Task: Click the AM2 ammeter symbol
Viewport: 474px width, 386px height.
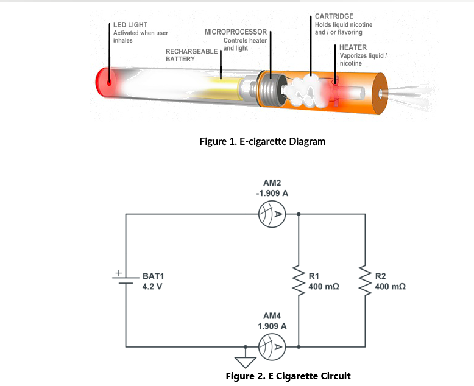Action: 272,214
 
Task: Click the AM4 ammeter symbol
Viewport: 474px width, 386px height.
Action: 272,347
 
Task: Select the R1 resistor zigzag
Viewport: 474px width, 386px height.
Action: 299,281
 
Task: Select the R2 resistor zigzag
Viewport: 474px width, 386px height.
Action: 365,281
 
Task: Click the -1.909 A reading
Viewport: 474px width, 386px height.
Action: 272,193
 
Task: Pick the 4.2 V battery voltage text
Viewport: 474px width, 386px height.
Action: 152,286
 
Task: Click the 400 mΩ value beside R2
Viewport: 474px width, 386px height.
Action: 391,286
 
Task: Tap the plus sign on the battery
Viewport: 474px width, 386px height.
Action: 119,273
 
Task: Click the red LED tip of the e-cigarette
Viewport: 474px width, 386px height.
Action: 103,82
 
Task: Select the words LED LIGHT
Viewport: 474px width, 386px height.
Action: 130,25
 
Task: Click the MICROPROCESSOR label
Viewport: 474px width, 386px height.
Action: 236,32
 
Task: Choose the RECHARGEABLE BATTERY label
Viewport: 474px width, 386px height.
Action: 191,55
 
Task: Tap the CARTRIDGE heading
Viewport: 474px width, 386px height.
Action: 334,16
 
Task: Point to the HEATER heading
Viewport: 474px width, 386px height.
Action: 353,47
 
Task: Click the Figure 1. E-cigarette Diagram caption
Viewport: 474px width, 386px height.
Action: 263,141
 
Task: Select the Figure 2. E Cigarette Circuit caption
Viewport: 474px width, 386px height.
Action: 288,376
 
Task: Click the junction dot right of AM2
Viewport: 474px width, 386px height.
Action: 299,214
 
